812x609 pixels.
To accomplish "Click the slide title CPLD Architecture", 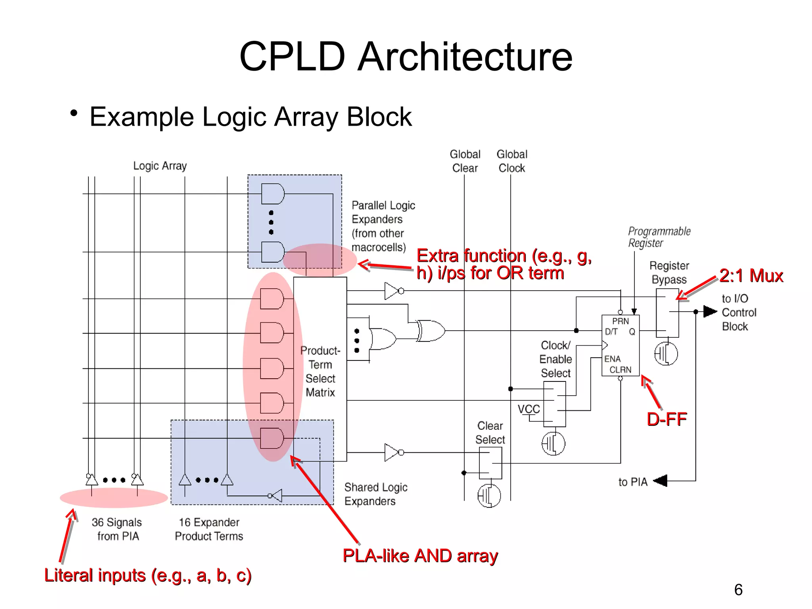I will [x=406, y=56].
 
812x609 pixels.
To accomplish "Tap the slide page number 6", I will [x=738, y=590].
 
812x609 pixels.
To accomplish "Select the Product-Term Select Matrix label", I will [x=320, y=372].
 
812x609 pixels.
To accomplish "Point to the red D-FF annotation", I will [x=666, y=419].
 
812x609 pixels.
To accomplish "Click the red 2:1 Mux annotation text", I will [x=751, y=276].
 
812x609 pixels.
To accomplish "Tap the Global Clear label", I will [x=465, y=161].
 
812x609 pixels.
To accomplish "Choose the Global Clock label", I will [x=512, y=161].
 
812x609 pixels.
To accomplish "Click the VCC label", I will [x=529, y=409].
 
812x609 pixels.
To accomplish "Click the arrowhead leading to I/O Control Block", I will [x=710, y=312].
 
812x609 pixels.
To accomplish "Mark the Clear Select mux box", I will [x=490, y=463].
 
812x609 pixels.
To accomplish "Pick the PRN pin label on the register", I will [x=620, y=321].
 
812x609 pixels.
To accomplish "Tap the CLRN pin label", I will [x=620, y=370].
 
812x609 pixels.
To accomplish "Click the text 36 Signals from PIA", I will [x=117, y=529].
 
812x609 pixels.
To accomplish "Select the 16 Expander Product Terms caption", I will [x=209, y=529].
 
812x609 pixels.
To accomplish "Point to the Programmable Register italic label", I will [x=659, y=237].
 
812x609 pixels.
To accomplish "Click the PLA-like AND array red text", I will [x=420, y=556].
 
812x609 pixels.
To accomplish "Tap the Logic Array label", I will [x=160, y=166].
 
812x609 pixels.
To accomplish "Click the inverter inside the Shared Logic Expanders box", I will [x=276, y=496].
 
